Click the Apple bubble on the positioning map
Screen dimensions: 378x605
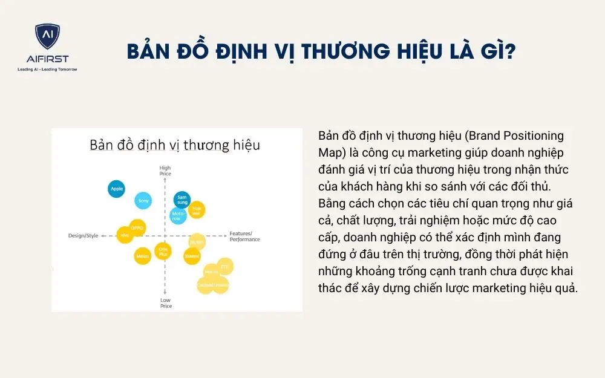[117, 189]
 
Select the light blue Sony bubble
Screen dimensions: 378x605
[143, 200]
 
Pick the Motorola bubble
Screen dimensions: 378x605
[178, 215]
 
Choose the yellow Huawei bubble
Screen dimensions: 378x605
[196, 210]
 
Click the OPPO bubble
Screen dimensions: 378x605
[137, 228]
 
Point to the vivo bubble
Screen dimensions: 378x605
[125, 235]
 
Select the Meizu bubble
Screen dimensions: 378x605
[143, 256]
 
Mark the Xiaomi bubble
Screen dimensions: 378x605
[192, 256]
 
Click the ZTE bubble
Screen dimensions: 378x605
[224, 266]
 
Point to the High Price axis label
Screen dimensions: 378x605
[165, 171]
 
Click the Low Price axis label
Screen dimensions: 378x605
[165, 303]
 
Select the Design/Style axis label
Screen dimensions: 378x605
[83, 235]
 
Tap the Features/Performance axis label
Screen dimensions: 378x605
[244, 236]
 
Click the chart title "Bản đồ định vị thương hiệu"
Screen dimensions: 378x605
[175, 146]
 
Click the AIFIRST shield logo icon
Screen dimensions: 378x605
[47, 37]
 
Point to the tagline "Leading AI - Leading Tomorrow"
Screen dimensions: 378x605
[47, 69]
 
